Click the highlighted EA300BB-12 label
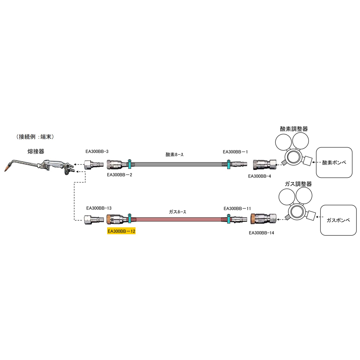pyautogui.click(x=121, y=231)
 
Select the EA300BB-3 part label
pyautogui.click(x=97, y=152)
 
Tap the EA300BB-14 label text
pyautogui.click(x=261, y=233)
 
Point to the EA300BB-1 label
pyautogui.click(x=235, y=152)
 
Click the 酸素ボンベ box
pyautogui.click(x=334, y=163)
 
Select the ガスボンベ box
pyautogui.click(x=338, y=220)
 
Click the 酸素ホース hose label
pyautogui.click(x=175, y=154)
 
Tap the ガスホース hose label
pyautogui.click(x=177, y=212)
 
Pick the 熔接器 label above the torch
pyautogui.click(x=36, y=151)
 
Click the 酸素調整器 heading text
pyautogui.click(x=294, y=129)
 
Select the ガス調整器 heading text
pyautogui.click(x=298, y=184)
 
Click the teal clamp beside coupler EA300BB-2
pyautogui.click(x=130, y=164)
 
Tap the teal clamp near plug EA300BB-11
pyautogui.click(x=229, y=219)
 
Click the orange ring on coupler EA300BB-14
pyautogui.click(x=253, y=219)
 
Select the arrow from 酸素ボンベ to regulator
pyautogui.click(x=314, y=163)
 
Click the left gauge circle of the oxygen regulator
pyautogui.click(x=284, y=142)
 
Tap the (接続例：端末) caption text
pyautogui.click(x=35, y=137)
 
